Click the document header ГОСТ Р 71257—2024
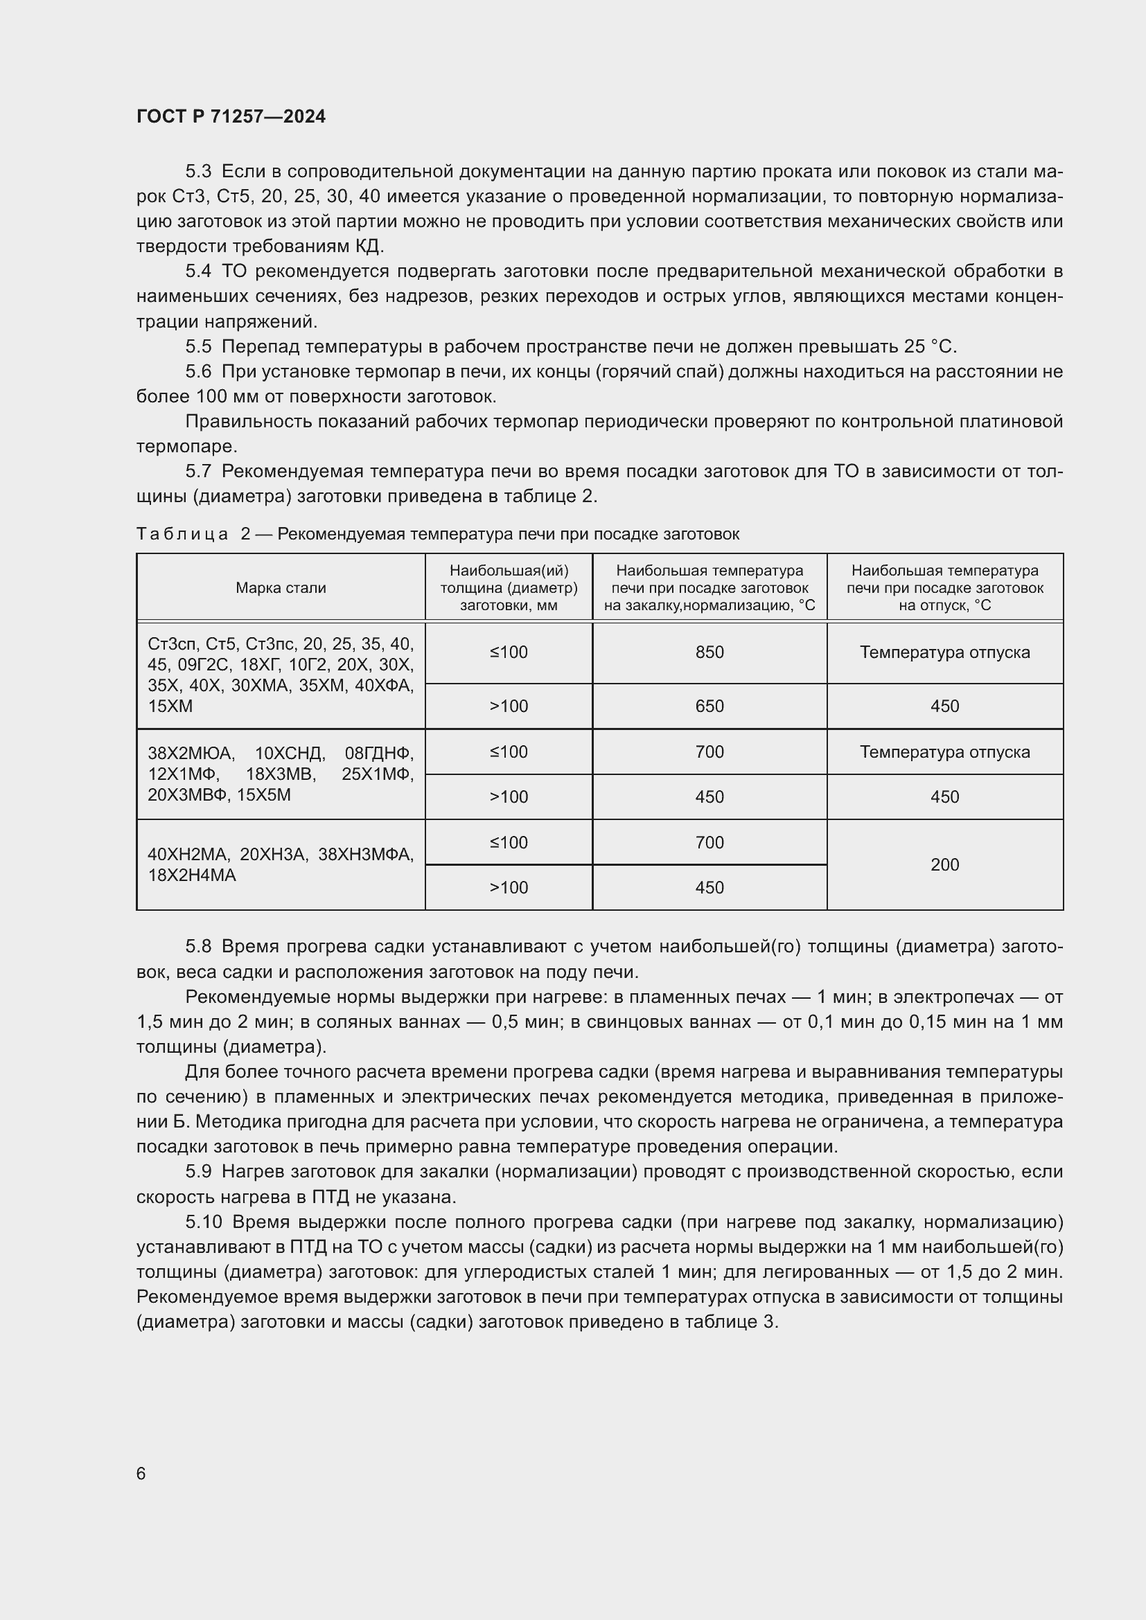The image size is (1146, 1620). point(231,116)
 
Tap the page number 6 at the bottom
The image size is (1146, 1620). point(141,1473)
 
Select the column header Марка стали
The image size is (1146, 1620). point(281,588)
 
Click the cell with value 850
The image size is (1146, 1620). point(709,652)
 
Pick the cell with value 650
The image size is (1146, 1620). point(709,706)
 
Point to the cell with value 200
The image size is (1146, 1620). point(944,864)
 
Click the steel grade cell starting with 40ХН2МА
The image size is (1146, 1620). point(280,864)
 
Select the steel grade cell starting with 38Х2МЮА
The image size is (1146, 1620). point(280,774)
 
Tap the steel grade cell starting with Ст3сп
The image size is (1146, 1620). point(280,675)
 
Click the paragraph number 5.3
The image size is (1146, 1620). point(198,172)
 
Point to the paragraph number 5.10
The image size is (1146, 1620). point(203,1222)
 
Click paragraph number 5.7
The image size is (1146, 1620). point(198,472)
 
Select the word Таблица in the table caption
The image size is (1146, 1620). point(182,534)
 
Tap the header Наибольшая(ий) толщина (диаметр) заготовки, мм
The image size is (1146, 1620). point(508,588)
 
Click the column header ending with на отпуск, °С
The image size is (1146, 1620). point(944,588)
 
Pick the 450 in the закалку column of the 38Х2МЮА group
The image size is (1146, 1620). point(709,796)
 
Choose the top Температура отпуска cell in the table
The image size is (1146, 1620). point(944,652)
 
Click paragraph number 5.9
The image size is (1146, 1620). point(198,1172)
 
